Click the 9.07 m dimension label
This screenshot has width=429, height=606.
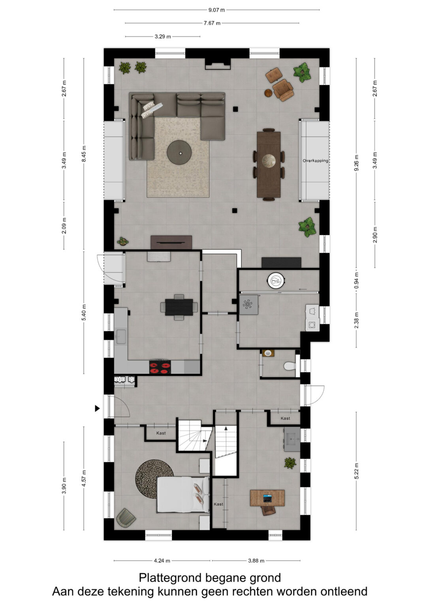tap(216, 10)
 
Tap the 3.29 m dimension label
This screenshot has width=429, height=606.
tap(163, 37)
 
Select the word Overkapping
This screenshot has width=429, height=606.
tap(315, 161)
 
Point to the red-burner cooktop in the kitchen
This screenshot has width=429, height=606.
tap(160, 367)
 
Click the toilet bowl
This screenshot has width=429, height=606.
tap(290, 366)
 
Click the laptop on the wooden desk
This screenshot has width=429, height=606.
tap(267, 498)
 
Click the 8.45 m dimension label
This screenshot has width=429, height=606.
tap(84, 153)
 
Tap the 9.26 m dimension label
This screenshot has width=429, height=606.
tap(356, 163)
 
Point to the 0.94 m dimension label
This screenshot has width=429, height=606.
tap(356, 281)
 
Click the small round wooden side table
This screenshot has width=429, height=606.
tap(268, 93)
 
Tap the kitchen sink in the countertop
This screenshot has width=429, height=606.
tap(121, 337)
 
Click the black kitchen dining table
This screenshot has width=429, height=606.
tap(179, 307)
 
